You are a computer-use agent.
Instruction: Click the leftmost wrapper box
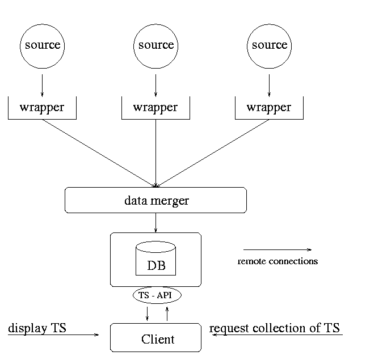tap(42, 108)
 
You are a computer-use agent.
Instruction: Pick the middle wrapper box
tap(155, 108)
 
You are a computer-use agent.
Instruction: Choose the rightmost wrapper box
tap(269, 108)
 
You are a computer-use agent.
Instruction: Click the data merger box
tap(155, 200)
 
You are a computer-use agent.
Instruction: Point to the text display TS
tap(37, 328)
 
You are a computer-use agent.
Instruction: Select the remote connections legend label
tap(277, 261)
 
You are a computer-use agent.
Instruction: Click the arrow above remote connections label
tap(277, 249)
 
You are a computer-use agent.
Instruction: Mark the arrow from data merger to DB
tap(155, 222)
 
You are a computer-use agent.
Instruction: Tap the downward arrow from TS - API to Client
tap(148, 313)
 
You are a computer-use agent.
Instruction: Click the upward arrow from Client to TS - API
tap(167, 313)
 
